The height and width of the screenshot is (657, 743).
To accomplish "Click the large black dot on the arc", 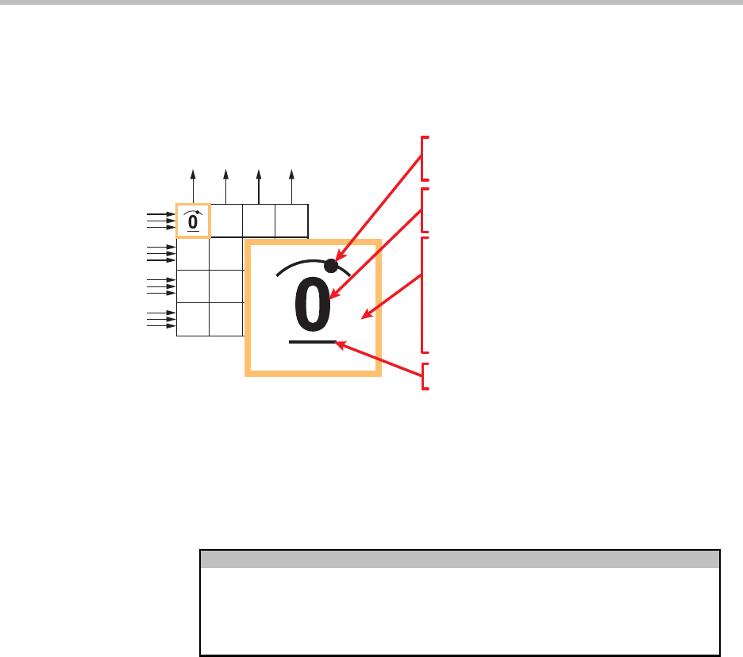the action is [x=331, y=266].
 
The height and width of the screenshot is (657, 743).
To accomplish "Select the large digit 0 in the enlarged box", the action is [x=312, y=304].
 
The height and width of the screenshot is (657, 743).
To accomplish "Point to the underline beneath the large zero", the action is [x=313, y=341].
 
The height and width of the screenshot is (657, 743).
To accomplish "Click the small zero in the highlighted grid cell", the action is [x=193, y=221].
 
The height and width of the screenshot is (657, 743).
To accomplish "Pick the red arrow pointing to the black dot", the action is [x=378, y=207].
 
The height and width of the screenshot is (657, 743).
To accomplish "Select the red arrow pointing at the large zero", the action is [x=375, y=254].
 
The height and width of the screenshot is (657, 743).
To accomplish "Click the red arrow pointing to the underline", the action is [x=378, y=359].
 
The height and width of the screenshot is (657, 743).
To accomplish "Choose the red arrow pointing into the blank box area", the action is [x=391, y=297].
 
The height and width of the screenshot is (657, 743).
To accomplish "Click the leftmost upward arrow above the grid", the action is [x=193, y=186].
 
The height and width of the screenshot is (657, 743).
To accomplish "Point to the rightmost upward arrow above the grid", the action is [x=291, y=186].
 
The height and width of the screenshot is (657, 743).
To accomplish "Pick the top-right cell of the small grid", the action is [x=291, y=221].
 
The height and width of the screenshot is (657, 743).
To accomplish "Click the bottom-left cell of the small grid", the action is [x=193, y=319].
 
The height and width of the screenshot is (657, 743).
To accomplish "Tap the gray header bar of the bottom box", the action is [x=460, y=559].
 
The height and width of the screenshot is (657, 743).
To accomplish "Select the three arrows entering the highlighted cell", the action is [x=161, y=221].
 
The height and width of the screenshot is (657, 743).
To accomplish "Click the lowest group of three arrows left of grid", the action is [x=161, y=319].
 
